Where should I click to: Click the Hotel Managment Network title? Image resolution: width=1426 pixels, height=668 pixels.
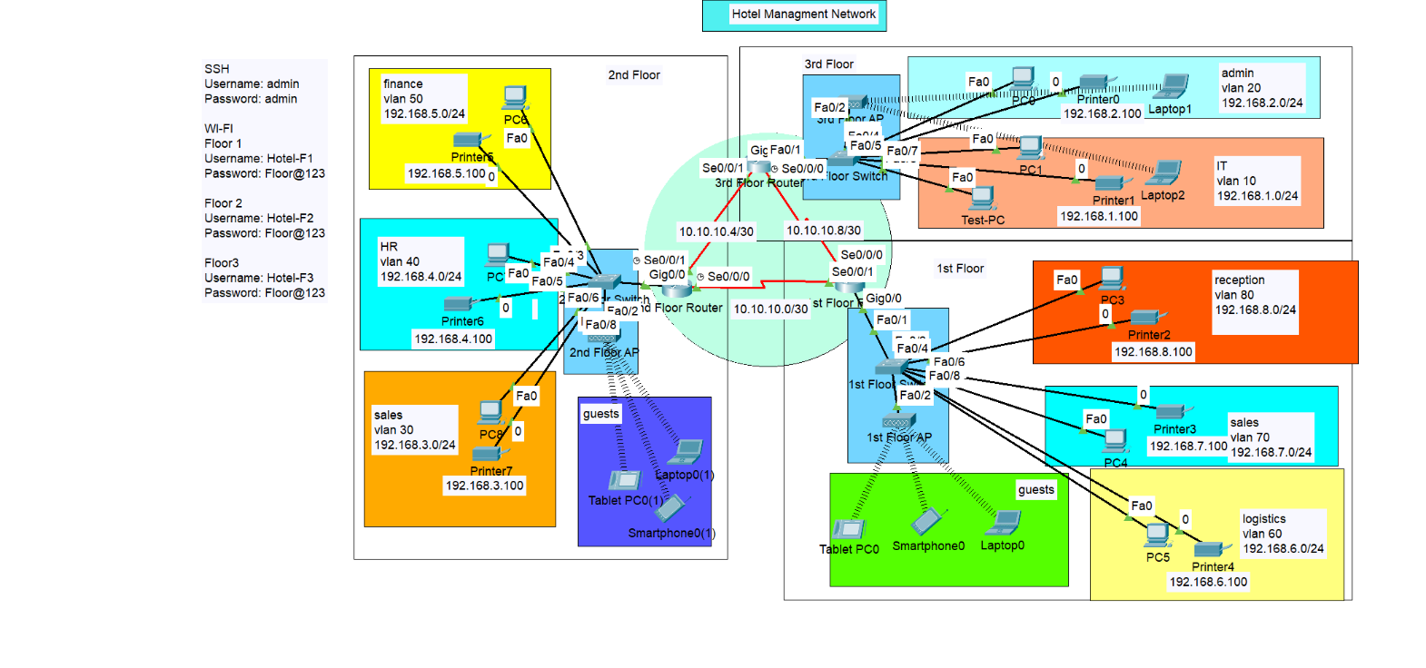(803, 15)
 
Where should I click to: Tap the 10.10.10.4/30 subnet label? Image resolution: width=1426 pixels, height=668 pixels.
(716, 231)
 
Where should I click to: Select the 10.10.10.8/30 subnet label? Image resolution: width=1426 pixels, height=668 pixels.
(823, 231)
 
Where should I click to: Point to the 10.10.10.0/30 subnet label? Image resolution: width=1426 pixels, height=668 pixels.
(770, 309)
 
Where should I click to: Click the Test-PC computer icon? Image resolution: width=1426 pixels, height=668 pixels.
(983, 198)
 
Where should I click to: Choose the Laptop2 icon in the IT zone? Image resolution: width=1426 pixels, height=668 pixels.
(1166, 172)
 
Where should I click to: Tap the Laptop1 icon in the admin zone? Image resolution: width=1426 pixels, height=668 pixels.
(1173, 86)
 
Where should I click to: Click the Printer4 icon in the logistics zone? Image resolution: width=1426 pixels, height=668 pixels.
(1211, 549)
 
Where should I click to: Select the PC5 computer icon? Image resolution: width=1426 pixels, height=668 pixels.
(1157, 535)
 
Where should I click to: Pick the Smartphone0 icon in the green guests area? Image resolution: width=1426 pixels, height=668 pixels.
(928, 522)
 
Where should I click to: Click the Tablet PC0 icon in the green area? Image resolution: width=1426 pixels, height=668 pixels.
(848, 529)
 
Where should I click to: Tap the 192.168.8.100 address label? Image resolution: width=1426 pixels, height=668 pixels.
(1154, 352)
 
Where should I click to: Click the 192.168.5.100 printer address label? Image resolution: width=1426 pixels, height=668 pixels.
(446, 173)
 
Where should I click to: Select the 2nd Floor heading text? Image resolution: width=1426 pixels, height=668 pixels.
(634, 75)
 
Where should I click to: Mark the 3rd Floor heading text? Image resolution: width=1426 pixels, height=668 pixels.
(828, 64)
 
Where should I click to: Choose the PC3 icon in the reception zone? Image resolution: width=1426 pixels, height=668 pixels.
(1113, 278)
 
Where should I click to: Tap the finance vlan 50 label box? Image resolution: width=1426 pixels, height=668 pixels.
(423, 98)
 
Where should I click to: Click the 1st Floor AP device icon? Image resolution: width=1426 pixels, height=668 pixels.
(899, 421)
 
